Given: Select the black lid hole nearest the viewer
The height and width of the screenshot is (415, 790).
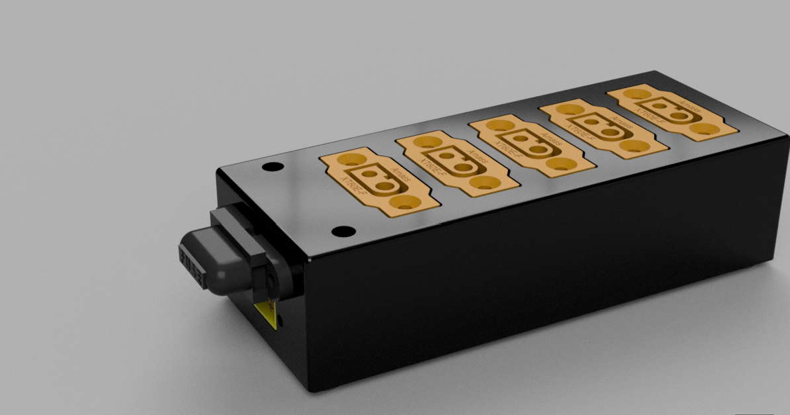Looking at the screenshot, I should pyautogui.click(x=343, y=232).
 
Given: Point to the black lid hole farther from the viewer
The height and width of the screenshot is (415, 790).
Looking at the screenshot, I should pyautogui.click(x=269, y=167).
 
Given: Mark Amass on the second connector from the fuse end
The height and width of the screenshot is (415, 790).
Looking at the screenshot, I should pyautogui.click(x=476, y=160).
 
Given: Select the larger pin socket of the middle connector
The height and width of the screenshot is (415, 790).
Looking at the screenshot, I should pyautogui.click(x=537, y=149).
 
